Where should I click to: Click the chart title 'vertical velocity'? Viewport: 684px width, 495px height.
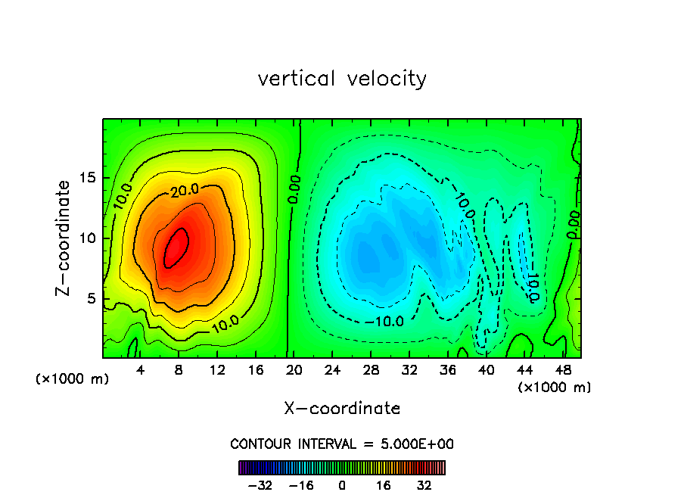click(x=342, y=79)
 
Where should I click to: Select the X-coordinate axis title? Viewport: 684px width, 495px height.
click(x=342, y=409)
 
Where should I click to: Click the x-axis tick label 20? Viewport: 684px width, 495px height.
click(x=294, y=370)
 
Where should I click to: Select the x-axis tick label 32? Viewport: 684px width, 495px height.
click(x=409, y=370)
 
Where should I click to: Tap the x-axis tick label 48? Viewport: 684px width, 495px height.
click(x=561, y=370)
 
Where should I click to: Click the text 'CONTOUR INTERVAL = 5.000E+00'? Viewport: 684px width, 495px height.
click(x=342, y=444)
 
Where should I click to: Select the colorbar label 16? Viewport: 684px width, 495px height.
click(x=384, y=485)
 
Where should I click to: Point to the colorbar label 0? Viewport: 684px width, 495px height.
click(x=342, y=485)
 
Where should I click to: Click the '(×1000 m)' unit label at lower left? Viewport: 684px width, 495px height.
click(x=72, y=379)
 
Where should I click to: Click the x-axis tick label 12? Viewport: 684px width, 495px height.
click(x=217, y=370)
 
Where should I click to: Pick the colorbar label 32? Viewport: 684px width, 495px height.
click(x=424, y=485)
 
